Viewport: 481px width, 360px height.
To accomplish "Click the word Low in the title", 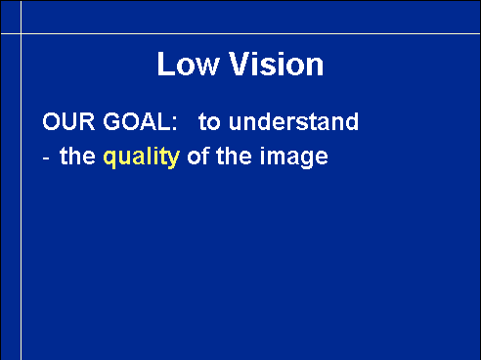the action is coord(188,64).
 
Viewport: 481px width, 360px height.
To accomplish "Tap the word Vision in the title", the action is coord(277,64).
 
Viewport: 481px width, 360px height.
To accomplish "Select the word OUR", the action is coord(68,121).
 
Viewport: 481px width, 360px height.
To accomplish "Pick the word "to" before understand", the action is coord(209,122).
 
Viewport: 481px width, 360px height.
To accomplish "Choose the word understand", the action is coord(293,121).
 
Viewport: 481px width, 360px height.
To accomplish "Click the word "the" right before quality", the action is coord(77,157).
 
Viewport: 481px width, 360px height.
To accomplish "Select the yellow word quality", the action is coord(142,157).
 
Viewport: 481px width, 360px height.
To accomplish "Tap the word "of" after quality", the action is coord(198,157).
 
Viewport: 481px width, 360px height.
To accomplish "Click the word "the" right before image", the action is coord(234,157).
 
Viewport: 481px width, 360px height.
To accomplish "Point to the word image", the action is coord(293,157).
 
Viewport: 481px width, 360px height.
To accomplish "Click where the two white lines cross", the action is coord(22,33).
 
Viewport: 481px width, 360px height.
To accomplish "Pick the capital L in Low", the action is coord(165,64).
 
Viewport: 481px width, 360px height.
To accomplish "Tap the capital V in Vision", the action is coord(240,64).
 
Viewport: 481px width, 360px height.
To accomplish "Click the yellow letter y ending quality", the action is coord(174,160).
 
